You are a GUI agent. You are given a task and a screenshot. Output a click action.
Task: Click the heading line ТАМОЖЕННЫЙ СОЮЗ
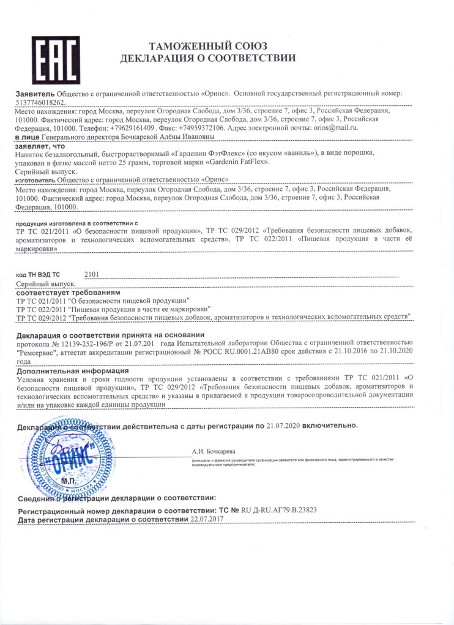click(207, 47)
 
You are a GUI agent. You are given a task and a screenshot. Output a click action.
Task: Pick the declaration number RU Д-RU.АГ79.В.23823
click(277, 510)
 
